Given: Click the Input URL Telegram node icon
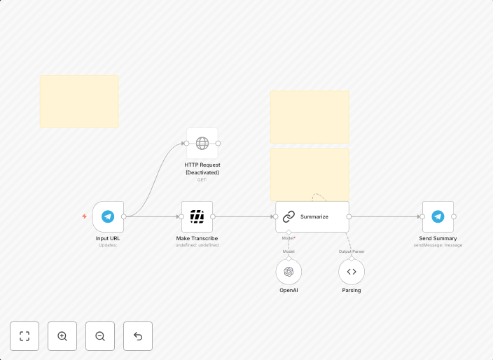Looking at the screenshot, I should point(108,216).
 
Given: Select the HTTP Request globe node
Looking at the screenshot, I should point(202,143).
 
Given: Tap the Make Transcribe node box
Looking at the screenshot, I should point(197,216).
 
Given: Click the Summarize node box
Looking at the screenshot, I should point(312,216).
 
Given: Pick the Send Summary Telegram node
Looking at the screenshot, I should point(438,216).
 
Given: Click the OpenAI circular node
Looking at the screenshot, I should point(289,272).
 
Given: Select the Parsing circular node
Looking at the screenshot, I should point(352,272).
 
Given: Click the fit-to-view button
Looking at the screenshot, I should point(25,336).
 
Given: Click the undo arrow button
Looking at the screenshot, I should point(138,336).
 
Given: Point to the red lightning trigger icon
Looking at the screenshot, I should point(85,216).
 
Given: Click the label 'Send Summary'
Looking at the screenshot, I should point(438,238).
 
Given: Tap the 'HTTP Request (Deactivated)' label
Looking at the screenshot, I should point(202,168).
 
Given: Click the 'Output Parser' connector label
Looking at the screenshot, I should point(352,251).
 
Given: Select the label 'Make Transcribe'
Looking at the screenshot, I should point(197,238).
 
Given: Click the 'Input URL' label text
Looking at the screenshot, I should point(108,238).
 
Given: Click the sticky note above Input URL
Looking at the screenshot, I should point(79,101).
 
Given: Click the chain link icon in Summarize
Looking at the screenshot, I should point(289,216).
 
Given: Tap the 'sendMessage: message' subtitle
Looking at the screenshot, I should point(438,245).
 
